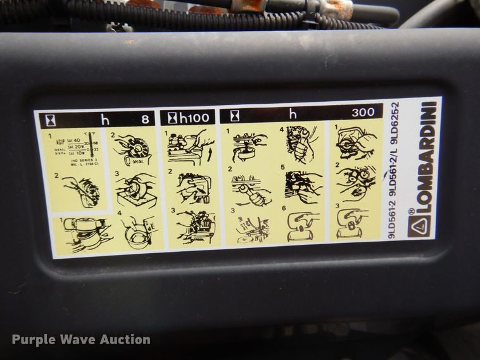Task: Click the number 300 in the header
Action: [363, 113]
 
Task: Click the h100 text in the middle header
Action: [193, 117]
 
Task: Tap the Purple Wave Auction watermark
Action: [81, 340]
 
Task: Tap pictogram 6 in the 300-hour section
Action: [303, 225]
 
